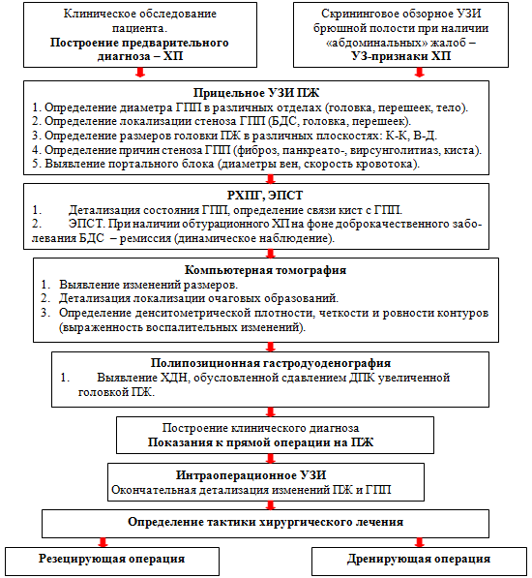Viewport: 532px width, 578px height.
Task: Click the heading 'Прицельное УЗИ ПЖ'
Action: pyautogui.click(x=256, y=93)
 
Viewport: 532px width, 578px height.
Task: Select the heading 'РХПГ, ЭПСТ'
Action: pyautogui.click(x=265, y=196)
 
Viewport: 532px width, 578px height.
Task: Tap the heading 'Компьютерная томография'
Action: pyautogui.click(x=265, y=270)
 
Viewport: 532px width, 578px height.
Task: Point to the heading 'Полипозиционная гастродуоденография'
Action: pyautogui.click(x=271, y=363)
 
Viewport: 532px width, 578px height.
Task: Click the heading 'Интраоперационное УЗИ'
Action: pyautogui.click(x=251, y=475)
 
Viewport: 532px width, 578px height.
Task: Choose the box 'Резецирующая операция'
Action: pyautogui.click(x=112, y=562)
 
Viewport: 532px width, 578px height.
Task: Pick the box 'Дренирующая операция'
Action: pyautogui.click(x=419, y=562)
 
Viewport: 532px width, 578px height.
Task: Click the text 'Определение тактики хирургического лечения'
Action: pyautogui.click(x=265, y=522)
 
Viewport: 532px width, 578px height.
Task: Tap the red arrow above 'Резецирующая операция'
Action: pyautogui.click(x=103, y=542)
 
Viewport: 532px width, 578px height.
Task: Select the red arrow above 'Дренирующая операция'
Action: pyautogui.click(x=420, y=542)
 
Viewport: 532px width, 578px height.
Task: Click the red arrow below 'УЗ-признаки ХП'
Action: pyautogui.click(x=420, y=73)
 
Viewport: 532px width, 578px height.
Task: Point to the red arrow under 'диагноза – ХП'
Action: pyautogui.click(x=140, y=73)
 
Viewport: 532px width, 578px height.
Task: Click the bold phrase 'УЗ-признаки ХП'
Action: pyautogui.click(x=400, y=56)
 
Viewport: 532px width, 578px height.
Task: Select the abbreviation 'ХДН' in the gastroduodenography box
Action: pyautogui.click(x=175, y=378)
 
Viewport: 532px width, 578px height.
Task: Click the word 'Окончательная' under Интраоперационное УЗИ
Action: pyautogui.click(x=154, y=490)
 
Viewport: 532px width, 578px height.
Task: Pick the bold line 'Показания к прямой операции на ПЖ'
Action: pyautogui.click(x=260, y=442)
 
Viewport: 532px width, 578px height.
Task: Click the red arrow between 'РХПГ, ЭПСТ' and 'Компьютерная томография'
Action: pyautogui.click(x=271, y=254)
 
